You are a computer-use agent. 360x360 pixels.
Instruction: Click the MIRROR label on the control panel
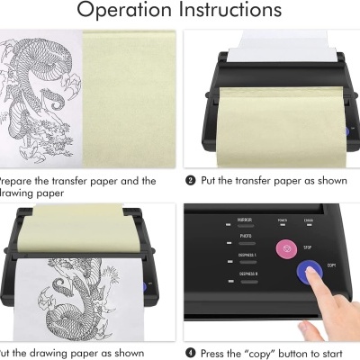244,220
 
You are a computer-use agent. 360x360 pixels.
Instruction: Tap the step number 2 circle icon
191,181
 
